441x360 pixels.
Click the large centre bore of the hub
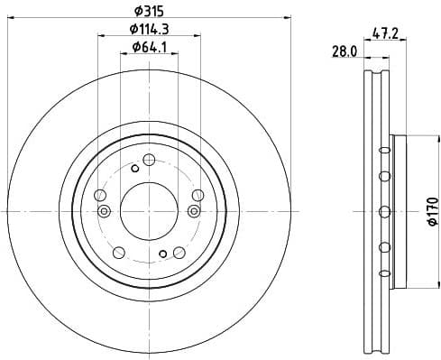tap(148, 210)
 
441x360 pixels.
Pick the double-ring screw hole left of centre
tap(104, 211)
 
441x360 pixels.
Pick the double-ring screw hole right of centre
tap(193, 211)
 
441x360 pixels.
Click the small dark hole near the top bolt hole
tap(134, 168)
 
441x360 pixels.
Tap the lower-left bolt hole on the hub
tap(119, 252)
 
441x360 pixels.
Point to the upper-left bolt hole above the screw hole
tap(100, 194)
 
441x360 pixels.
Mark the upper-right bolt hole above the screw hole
tap(197, 194)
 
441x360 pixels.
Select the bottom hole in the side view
tap(385, 272)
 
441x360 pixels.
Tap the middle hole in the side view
tap(385, 211)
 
